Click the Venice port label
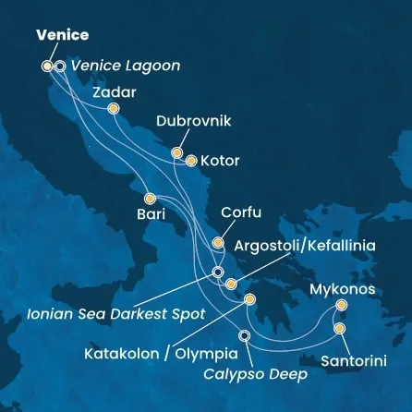tap(63, 35)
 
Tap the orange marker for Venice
tap(47, 66)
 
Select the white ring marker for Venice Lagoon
tap(60, 66)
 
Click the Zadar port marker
tap(114, 108)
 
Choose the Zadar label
tap(115, 92)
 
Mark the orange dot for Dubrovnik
tap(177, 151)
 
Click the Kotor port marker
tap(191, 161)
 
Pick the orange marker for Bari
tap(150, 198)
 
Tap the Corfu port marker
tap(218, 244)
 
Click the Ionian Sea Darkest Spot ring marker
tap(217, 273)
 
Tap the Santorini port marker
tap(340, 328)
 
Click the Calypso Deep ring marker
tap(244, 335)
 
